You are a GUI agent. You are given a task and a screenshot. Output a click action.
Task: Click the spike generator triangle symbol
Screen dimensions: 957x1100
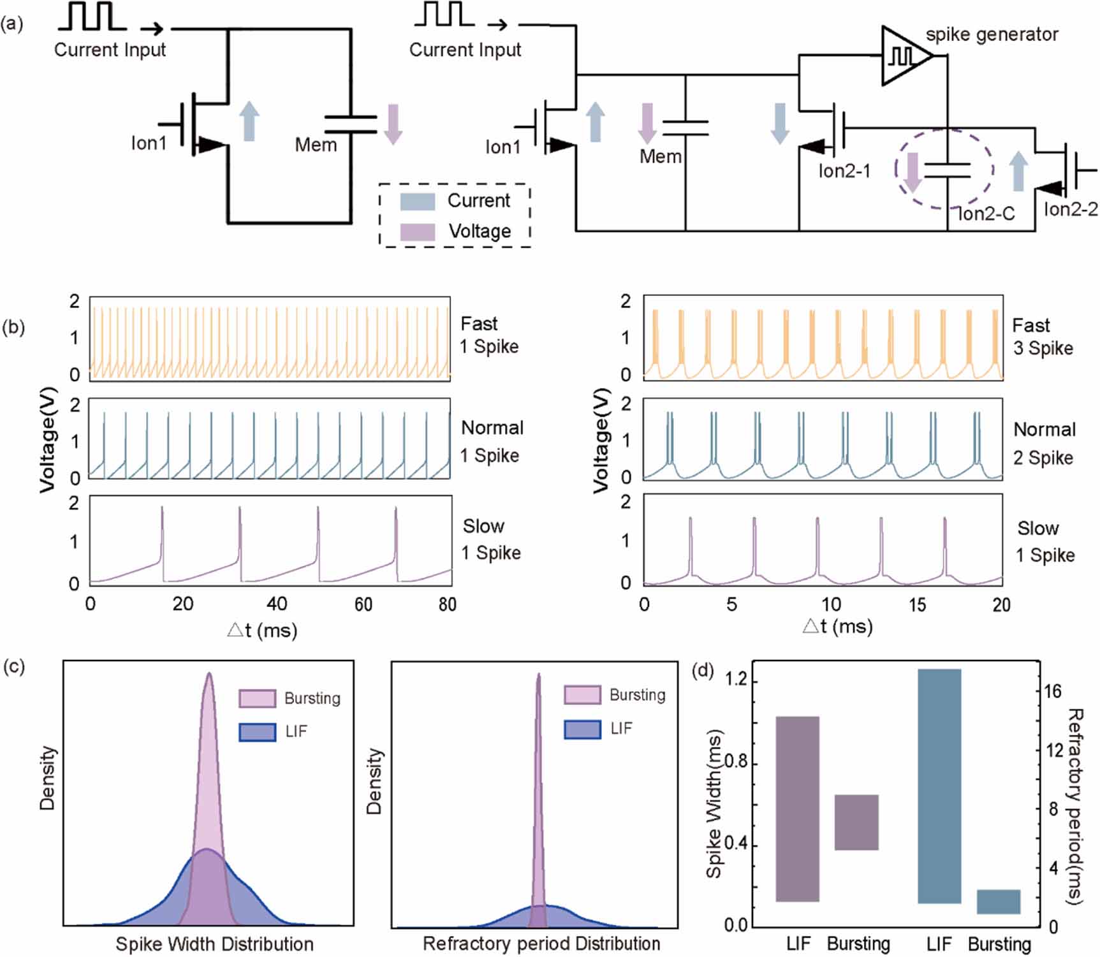pos(904,56)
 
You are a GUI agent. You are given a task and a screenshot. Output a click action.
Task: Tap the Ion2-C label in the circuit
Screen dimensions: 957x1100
pos(986,214)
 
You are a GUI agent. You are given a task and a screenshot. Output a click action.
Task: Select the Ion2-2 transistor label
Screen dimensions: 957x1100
pos(1071,209)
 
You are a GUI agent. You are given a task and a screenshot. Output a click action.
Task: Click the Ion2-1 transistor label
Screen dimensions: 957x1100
pos(844,171)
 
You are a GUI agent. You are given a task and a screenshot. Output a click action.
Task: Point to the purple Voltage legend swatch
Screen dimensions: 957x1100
pos(417,231)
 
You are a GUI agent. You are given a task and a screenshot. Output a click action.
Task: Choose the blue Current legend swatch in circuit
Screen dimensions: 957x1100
pos(417,201)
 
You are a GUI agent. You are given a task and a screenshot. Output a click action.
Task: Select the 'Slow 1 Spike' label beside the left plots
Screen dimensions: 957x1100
pos(491,539)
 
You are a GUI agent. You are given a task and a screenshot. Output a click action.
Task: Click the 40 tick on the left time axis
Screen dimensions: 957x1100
pos(277,604)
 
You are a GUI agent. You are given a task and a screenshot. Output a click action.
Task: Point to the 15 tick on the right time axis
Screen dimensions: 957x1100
pos(917,604)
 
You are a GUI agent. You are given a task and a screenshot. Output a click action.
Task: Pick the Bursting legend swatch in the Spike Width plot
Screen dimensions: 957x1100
pos(257,698)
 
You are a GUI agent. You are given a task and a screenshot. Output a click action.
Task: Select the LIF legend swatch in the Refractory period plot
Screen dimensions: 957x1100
pos(582,729)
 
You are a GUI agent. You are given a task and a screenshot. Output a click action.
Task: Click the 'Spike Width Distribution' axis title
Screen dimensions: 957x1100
pos(214,944)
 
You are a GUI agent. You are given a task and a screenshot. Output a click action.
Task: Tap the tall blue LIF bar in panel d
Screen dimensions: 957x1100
pos(939,785)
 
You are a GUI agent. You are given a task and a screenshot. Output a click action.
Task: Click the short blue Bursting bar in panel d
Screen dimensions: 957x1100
pos(999,902)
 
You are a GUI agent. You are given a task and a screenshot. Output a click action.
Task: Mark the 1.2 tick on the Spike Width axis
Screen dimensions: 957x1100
pos(736,680)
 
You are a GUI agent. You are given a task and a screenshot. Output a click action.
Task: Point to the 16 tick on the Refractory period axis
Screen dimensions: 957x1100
pos(1053,691)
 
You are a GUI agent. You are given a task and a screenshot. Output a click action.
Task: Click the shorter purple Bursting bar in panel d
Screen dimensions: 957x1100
pos(856,822)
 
